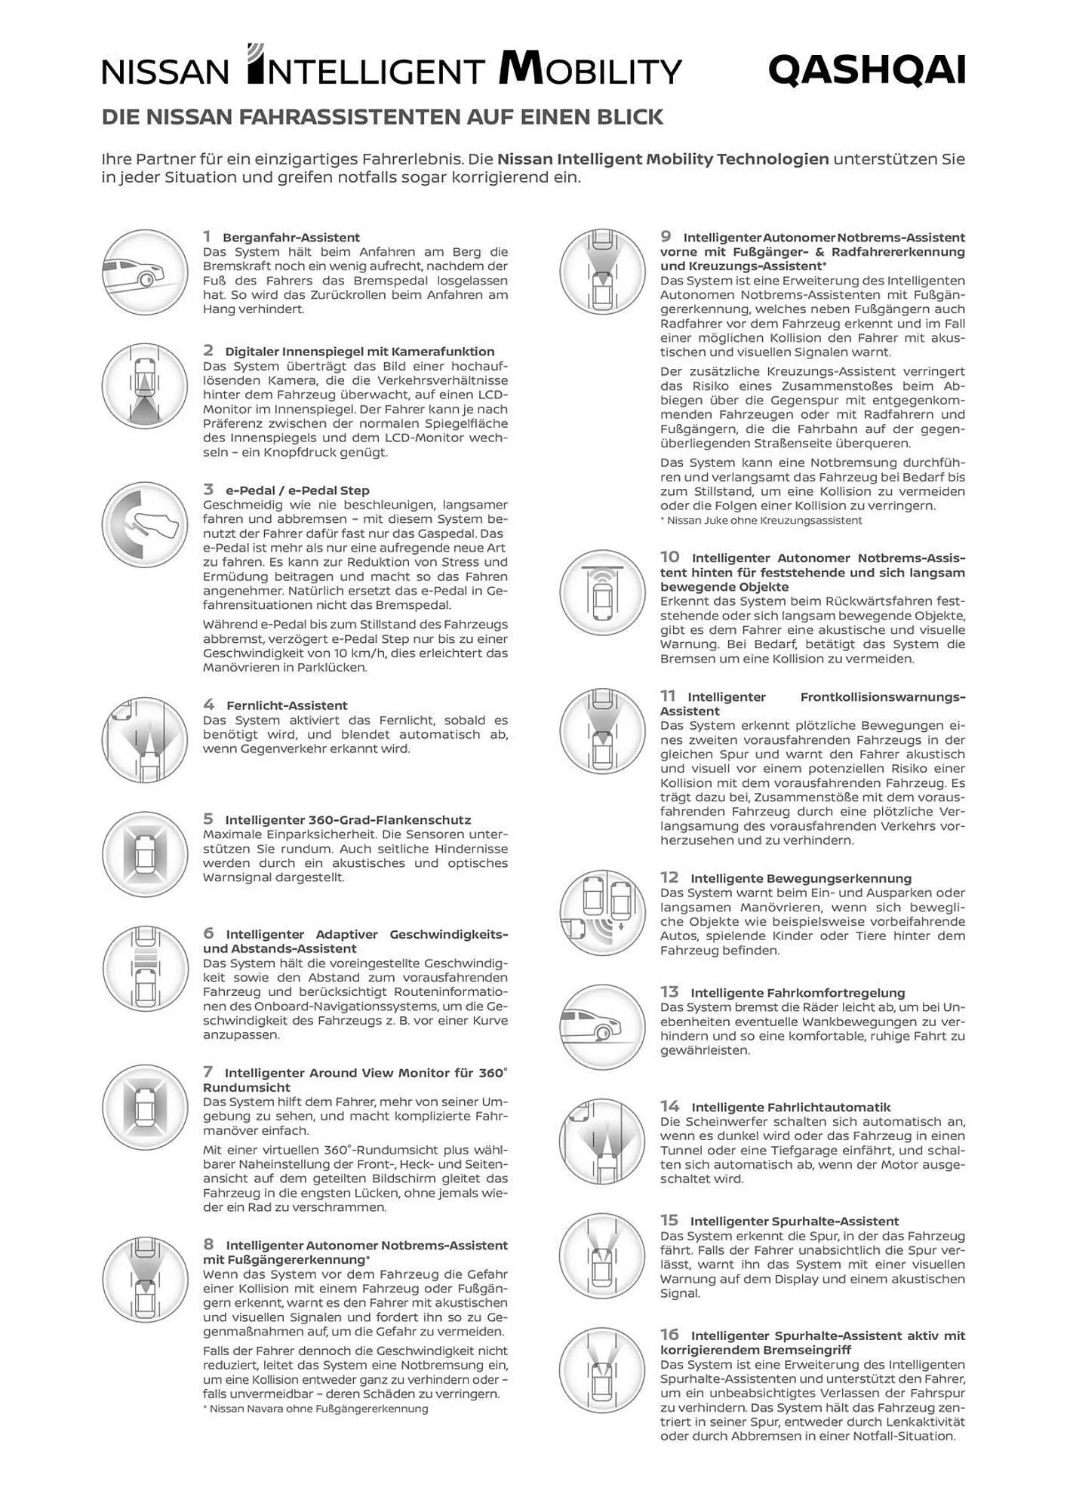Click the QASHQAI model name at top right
click(866, 71)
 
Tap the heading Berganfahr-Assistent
click(291, 238)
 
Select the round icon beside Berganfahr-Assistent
click(145, 272)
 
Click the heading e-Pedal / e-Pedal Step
click(297, 490)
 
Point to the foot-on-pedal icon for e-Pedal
click(145, 524)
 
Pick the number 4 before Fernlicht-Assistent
click(209, 705)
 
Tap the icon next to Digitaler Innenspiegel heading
click(145, 386)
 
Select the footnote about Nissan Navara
click(315, 1409)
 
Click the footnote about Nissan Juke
click(761, 521)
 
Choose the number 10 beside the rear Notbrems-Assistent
click(670, 557)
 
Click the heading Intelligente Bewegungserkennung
click(801, 878)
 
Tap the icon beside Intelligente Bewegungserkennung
click(602, 913)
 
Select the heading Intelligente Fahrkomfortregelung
click(798, 993)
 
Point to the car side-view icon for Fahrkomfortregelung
click(602, 1027)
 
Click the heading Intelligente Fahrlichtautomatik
click(791, 1108)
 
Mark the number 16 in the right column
click(670, 1335)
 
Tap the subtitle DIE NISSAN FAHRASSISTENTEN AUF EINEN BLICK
click(383, 117)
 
